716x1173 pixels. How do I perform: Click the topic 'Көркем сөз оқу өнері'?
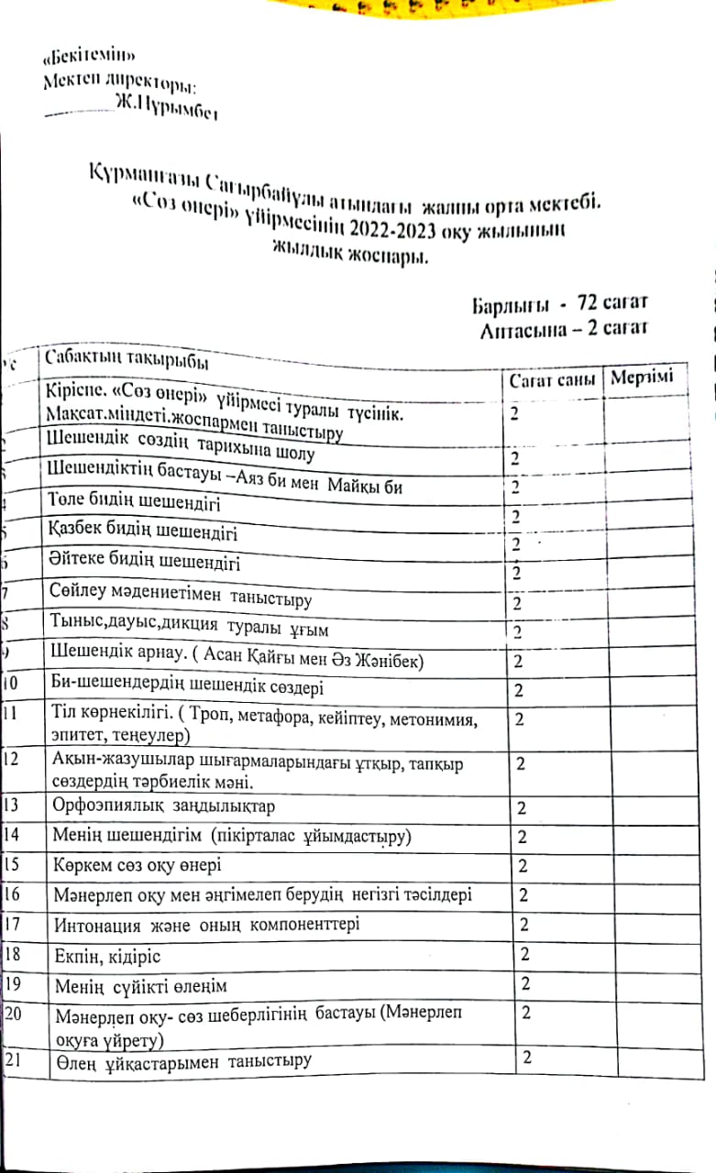tap(138, 866)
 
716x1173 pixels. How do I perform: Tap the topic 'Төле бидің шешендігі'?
tap(134, 504)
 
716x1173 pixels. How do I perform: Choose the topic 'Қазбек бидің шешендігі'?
tap(140, 531)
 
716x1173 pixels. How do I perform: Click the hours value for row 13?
tap(522, 807)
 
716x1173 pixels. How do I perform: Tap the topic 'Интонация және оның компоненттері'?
tap(207, 926)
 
